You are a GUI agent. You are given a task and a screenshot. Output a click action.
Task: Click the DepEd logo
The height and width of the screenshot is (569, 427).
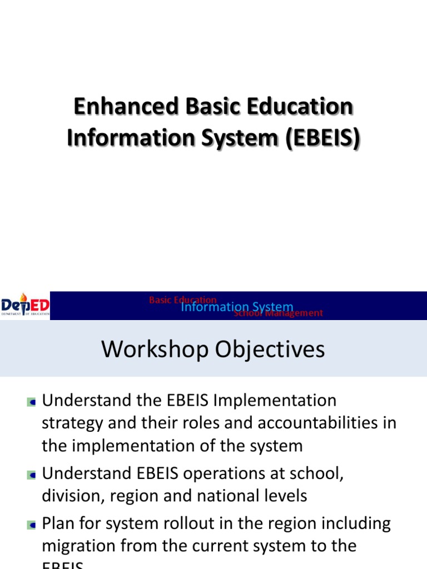coord(25,305)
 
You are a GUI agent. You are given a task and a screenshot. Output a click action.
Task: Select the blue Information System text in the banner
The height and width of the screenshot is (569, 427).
coord(237,307)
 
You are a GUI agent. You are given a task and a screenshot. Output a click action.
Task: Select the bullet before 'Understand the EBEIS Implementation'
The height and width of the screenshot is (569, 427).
coord(31,401)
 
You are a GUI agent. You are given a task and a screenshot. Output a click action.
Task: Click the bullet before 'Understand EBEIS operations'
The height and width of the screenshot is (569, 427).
coord(31,475)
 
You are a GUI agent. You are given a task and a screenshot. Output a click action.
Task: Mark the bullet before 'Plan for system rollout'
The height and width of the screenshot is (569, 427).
coord(31,525)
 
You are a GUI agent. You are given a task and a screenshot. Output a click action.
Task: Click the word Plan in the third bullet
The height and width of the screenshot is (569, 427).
coord(59,523)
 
